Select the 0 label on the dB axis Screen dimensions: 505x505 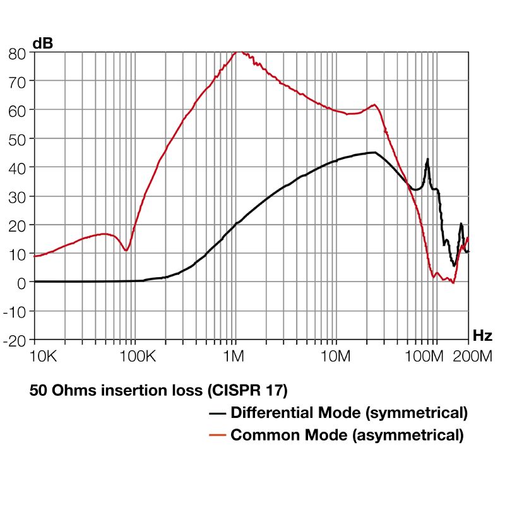point(22,283)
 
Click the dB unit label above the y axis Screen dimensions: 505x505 point(42,44)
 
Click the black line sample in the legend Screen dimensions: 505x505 point(218,414)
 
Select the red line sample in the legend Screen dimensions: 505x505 point(218,436)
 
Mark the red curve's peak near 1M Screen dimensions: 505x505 point(239,52)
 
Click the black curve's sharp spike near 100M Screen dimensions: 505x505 point(427,159)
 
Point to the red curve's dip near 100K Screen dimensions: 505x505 point(127,250)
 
